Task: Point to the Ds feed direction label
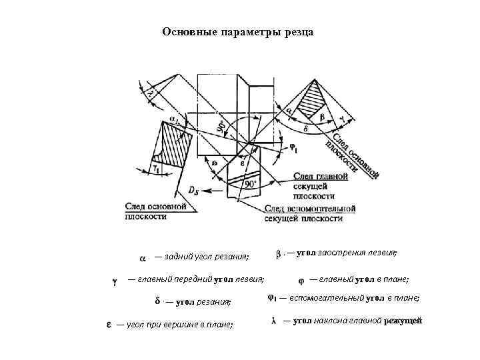[x=193, y=191]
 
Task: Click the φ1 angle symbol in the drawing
[x=293, y=147]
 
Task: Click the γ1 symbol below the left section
[x=155, y=169]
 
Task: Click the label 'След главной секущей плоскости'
[x=321, y=187]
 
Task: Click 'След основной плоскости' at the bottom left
[x=154, y=212]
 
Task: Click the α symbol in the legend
[x=142, y=257]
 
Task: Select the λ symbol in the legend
[x=273, y=321]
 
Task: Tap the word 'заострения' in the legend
[x=340, y=253]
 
